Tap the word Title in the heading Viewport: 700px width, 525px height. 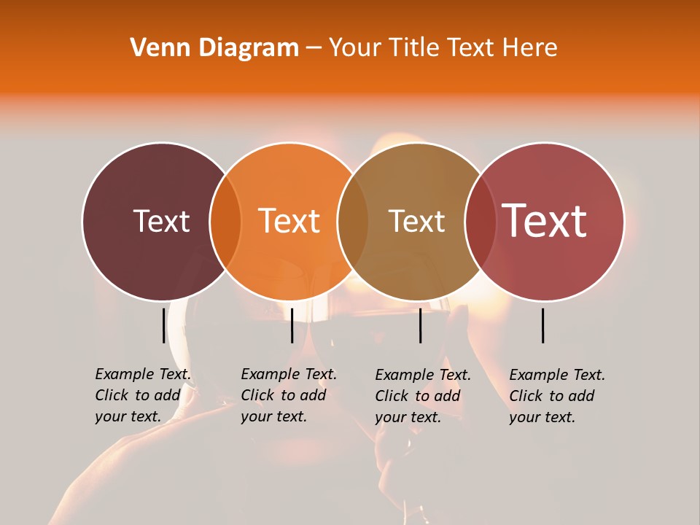pos(417,48)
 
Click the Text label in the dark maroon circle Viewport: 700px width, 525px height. pos(161,221)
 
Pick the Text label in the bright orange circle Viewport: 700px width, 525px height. pos(289,221)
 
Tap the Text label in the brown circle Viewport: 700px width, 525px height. pos(416,221)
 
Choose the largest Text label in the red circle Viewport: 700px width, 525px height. pos(545,220)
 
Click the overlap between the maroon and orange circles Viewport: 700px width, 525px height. pos(225,221)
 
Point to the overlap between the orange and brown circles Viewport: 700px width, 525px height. pos(353,221)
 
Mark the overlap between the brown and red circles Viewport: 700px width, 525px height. pos(480,221)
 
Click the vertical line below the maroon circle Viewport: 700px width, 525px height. pos(163,324)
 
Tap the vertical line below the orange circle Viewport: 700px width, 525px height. pos(292,324)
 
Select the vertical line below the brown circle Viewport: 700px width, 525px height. pos(420,324)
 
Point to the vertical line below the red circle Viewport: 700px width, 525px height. pos(543,324)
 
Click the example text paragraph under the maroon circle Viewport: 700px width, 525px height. pos(142,395)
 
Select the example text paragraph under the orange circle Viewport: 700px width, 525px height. pos(288,395)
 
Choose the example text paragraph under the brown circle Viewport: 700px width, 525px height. pos(422,396)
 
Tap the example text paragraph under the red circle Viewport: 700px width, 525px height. pos(556,395)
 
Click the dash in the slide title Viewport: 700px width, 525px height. pos(314,49)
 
